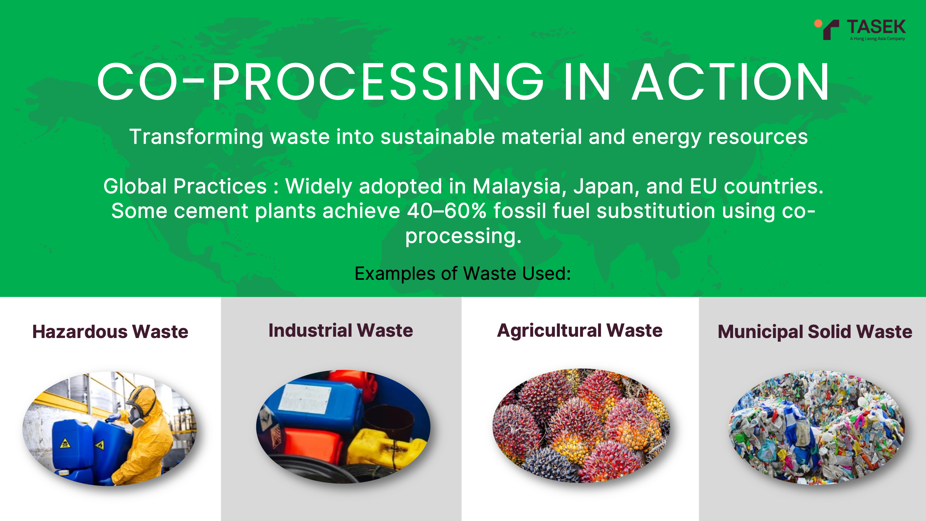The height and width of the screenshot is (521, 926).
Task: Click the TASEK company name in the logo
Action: click(x=876, y=27)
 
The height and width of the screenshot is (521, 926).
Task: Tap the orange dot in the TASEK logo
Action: click(x=818, y=23)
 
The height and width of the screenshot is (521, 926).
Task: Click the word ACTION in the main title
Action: click(x=731, y=82)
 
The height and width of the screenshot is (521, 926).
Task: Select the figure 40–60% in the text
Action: click(x=447, y=211)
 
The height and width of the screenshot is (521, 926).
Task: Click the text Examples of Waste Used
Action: click(x=463, y=274)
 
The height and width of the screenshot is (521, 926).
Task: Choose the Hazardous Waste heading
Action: click(x=110, y=332)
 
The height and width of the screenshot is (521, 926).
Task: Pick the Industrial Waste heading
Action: click(x=341, y=330)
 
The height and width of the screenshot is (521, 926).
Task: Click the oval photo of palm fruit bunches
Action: click(x=581, y=426)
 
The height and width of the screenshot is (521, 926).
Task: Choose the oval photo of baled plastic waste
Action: click(x=817, y=427)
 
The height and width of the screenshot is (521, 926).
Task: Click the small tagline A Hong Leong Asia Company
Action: click(x=877, y=39)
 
